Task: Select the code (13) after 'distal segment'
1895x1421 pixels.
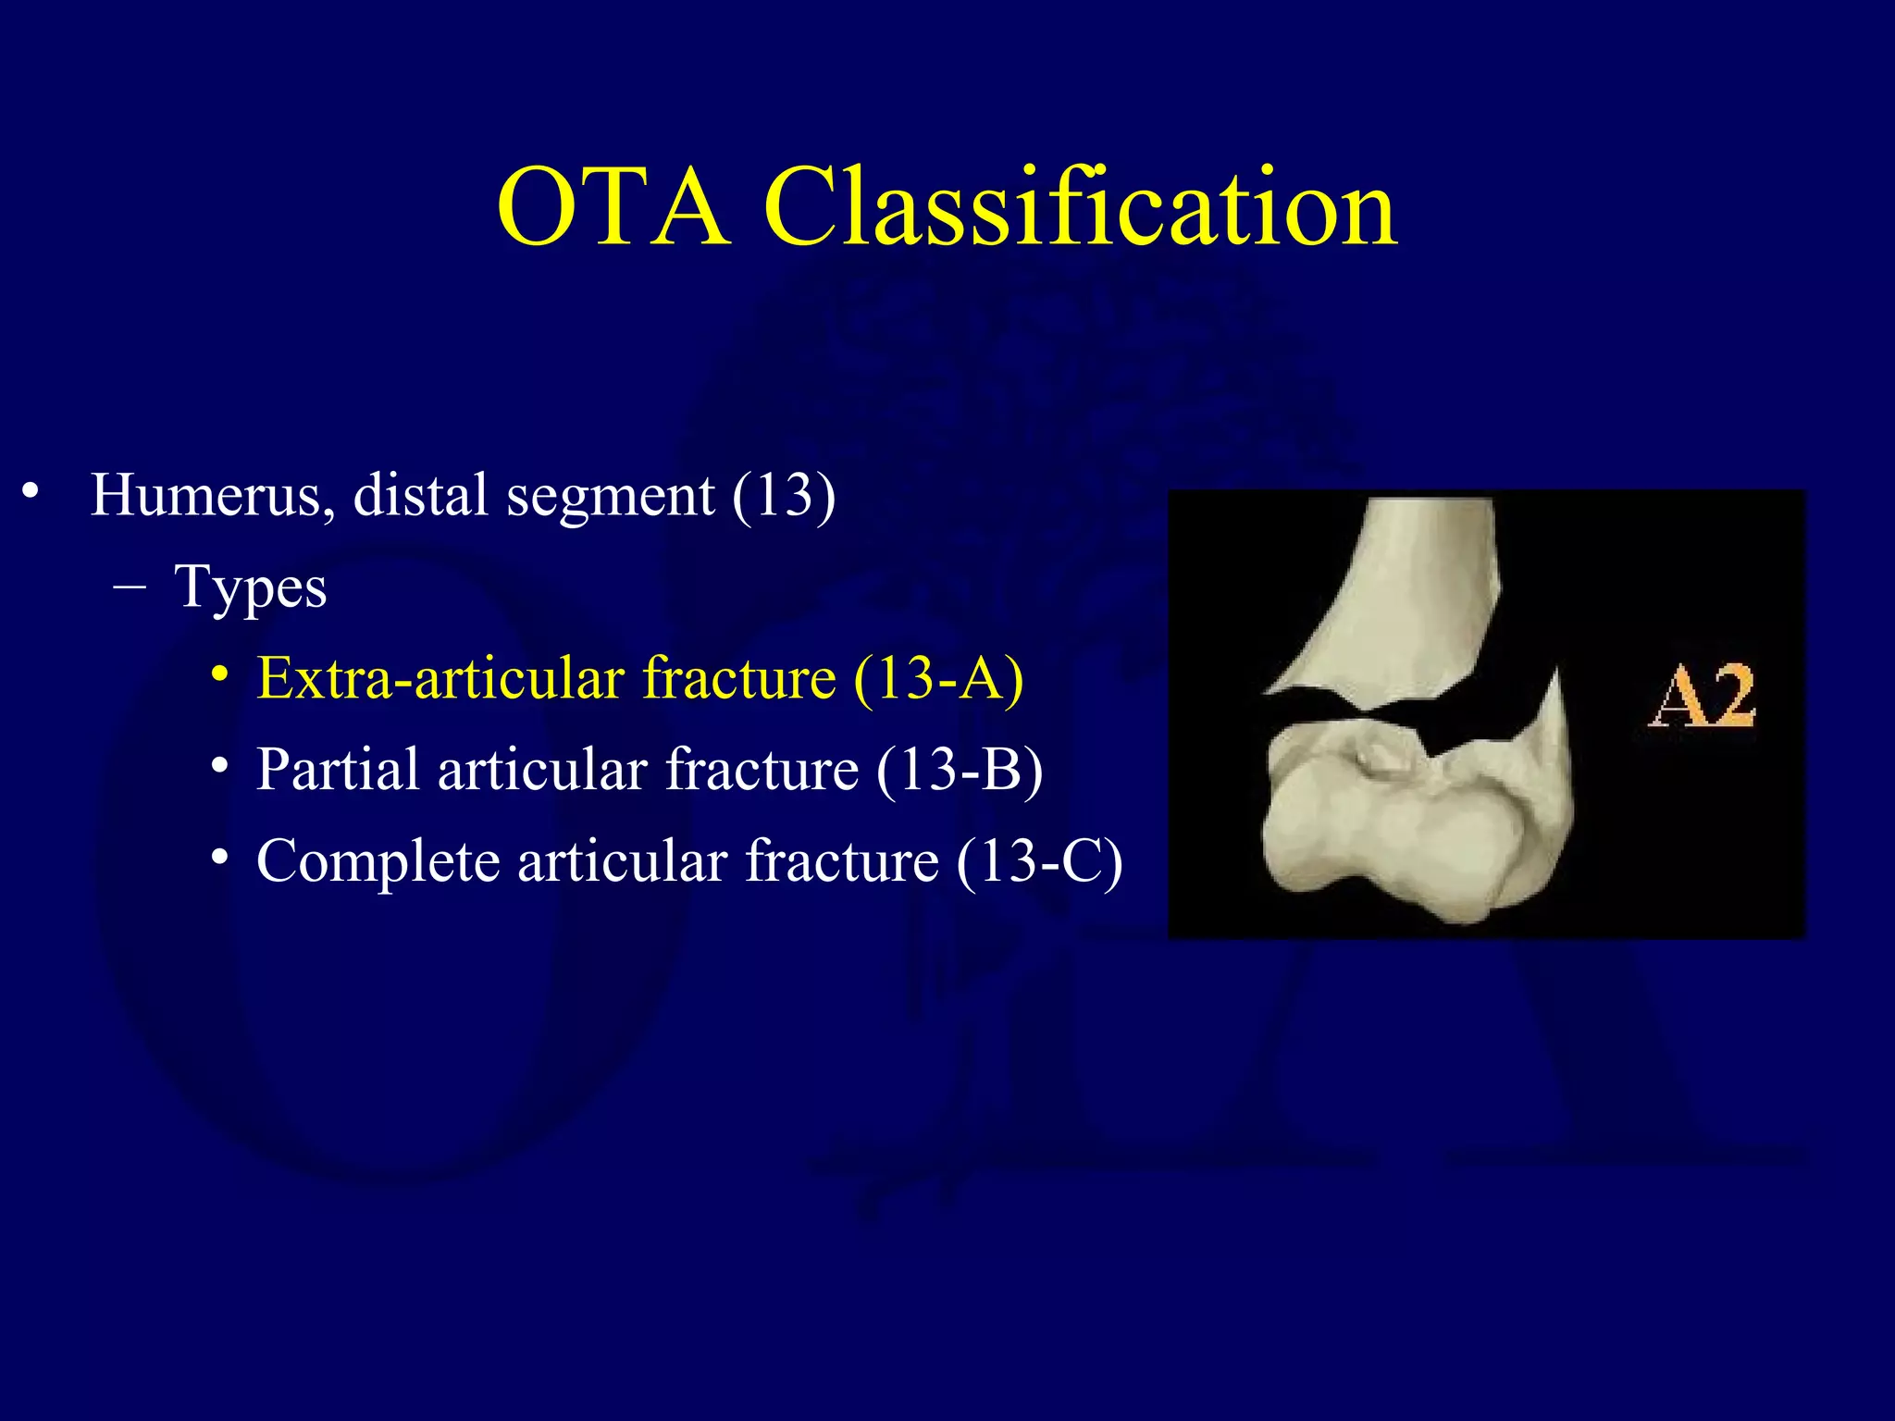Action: [x=784, y=496]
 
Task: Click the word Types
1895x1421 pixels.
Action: [x=251, y=588]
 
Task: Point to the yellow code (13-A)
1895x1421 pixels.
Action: [x=938, y=678]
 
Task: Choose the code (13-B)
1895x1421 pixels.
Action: [x=960, y=770]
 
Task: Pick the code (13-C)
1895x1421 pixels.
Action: [x=1040, y=861]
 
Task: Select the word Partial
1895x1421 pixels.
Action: [x=338, y=770]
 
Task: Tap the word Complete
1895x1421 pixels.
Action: [x=378, y=861]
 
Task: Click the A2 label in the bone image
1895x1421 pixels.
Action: [x=1701, y=696]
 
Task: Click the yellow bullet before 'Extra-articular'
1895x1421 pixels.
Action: [x=219, y=674]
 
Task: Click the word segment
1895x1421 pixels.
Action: [x=610, y=496]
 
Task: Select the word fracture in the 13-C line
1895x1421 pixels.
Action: [x=841, y=861]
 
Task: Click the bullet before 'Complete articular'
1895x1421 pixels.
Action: [x=219, y=858]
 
